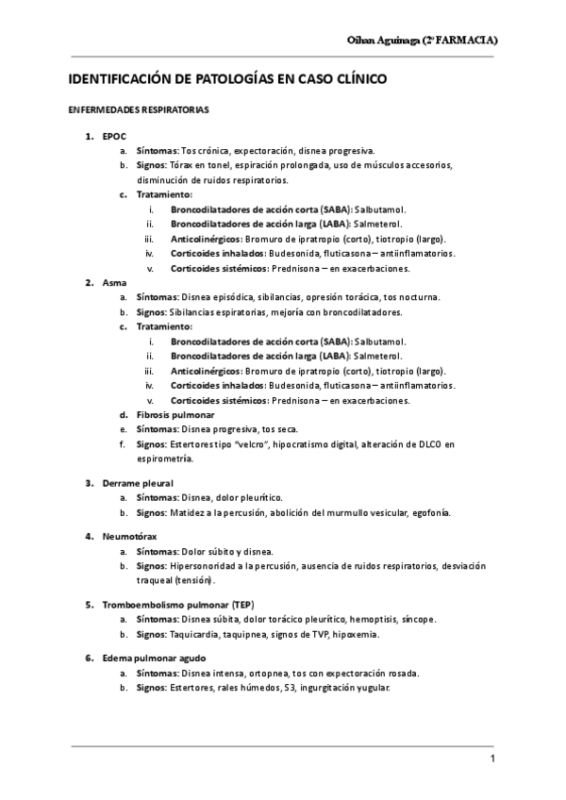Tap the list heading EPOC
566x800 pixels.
[x=114, y=136]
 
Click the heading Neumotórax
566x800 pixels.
[x=130, y=537]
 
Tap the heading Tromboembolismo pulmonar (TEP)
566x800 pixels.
[x=178, y=604]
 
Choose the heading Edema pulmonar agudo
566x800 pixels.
[x=155, y=658]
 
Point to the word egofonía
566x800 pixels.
[x=430, y=513]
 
